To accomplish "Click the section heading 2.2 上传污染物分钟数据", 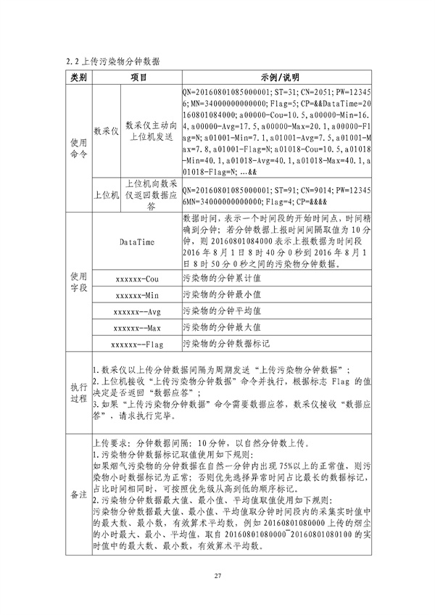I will click(x=114, y=60).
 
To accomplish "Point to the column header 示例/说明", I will click(x=278, y=78).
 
